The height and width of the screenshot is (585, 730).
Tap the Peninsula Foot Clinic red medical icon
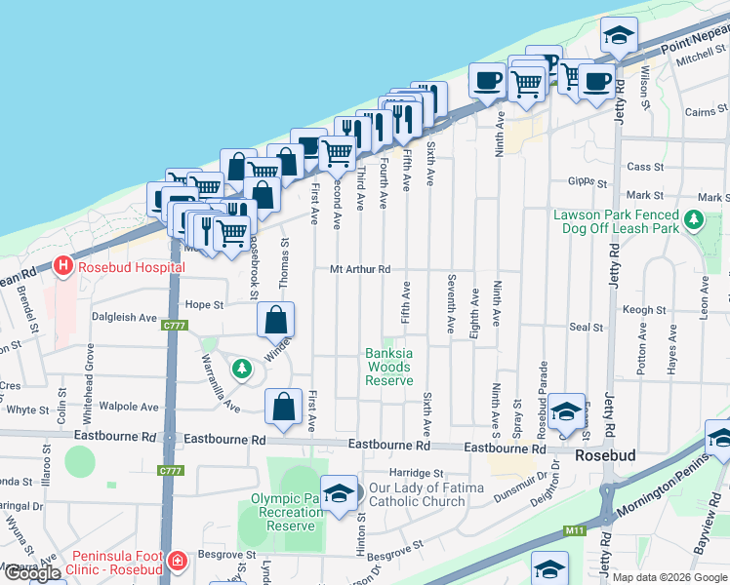[x=177, y=562]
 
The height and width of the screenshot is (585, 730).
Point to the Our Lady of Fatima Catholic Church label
[x=430, y=494]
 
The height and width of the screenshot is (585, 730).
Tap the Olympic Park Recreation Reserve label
[x=287, y=511]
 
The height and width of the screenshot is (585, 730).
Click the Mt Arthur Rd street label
[x=360, y=269]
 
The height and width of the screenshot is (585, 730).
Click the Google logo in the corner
[x=32, y=573]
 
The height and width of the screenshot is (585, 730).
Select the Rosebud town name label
[x=606, y=455]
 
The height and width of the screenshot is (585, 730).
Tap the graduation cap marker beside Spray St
[x=565, y=411]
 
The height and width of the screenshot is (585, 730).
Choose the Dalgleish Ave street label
[x=124, y=317]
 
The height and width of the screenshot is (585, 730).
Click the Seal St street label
[x=587, y=328]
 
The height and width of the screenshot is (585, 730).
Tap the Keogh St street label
[x=643, y=310]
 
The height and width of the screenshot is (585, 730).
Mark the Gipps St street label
[x=588, y=181]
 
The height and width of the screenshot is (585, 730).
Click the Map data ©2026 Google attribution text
[x=669, y=577]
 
